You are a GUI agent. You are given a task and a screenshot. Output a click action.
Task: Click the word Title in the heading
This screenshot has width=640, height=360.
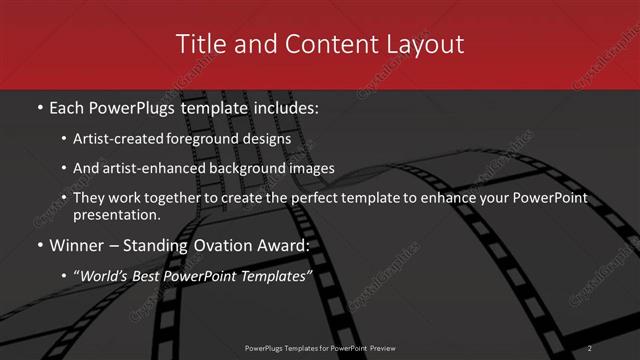point(200,44)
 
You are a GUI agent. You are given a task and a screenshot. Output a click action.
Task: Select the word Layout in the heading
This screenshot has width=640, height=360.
point(421,44)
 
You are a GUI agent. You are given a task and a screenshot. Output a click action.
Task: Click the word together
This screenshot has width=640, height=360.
point(188,198)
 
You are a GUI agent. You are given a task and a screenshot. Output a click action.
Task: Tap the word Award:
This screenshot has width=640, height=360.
point(281,245)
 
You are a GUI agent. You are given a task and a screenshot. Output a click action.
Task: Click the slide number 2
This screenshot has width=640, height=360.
point(590,348)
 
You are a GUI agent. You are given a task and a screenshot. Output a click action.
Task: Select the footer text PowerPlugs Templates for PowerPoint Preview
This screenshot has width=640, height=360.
point(320,348)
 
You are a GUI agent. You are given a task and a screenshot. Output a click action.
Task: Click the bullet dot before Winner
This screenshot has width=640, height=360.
point(40,246)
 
